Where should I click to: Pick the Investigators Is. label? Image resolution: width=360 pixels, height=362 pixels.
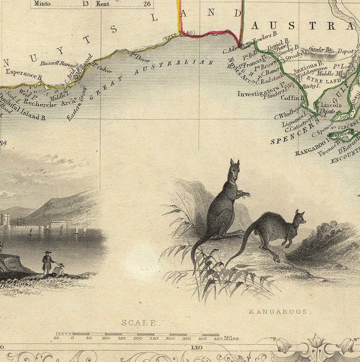(257, 94)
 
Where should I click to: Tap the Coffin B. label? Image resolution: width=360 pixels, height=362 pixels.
(292, 97)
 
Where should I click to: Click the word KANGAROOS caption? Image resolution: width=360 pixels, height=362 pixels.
(277, 312)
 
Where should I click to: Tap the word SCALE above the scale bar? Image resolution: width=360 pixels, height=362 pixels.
(141, 323)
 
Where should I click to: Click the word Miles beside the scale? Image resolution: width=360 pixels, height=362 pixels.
(231, 338)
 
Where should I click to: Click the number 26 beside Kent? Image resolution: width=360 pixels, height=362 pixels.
(146, 4)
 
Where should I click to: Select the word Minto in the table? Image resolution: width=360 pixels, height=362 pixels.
(42, 4)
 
